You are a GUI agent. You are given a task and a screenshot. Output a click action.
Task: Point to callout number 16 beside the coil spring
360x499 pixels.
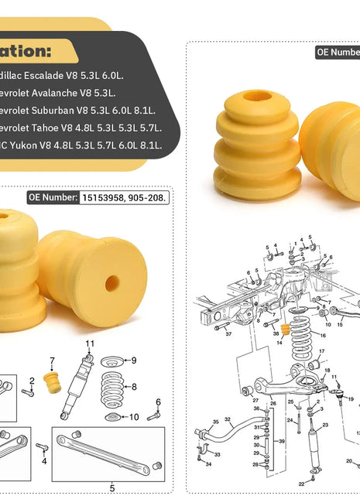coord(322,336)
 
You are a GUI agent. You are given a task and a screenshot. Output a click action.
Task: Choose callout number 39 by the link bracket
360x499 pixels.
coord(283,442)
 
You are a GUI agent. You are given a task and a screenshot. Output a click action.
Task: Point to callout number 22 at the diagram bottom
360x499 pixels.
coord(301,484)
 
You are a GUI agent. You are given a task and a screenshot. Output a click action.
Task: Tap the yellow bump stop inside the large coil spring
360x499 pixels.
coord(284,330)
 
